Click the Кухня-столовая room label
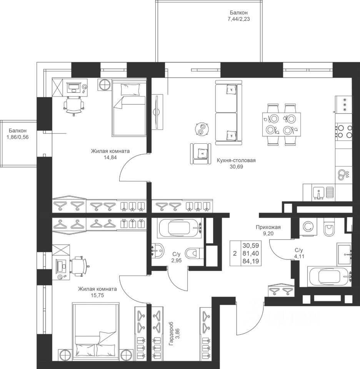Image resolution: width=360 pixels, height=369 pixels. click(236, 161)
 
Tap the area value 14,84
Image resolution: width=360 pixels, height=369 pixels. click(110, 158)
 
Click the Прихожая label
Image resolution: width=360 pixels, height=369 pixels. click(268, 227)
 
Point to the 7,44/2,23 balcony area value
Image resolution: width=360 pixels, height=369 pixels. click(238, 19)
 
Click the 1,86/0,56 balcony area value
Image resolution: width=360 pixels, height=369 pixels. click(18, 137)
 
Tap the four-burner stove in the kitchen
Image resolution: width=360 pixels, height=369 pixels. click(344, 132)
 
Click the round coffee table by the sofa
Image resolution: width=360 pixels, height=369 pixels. click(202, 129)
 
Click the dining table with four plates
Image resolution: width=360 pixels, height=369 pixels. click(282, 124)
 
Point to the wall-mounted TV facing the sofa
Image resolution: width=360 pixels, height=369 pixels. click(156, 111)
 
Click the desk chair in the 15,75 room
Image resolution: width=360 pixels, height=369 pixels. click(78, 266)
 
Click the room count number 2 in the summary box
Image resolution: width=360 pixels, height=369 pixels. click(235, 253)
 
